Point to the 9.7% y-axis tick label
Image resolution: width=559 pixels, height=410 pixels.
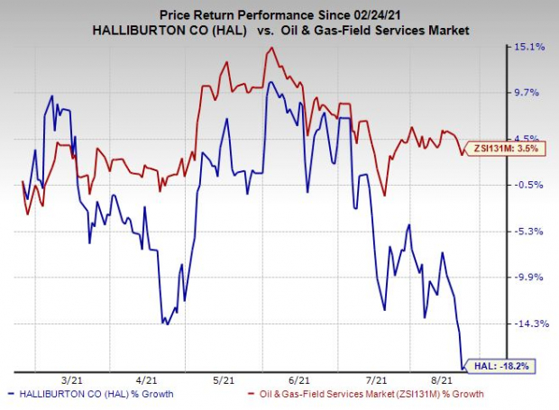click(x=532, y=93)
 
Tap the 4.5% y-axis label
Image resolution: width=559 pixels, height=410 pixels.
click(x=532, y=139)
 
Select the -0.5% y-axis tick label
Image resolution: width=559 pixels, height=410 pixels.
click(x=532, y=185)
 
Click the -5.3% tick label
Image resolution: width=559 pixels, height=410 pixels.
click(x=532, y=232)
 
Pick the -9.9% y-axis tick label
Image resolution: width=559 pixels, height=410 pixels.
click(x=532, y=278)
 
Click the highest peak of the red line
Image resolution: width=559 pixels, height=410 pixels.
click(x=270, y=48)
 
